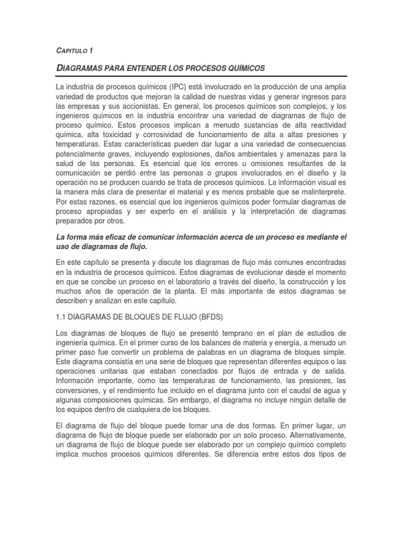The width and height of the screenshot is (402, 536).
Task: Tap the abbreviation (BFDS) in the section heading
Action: click(214, 318)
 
